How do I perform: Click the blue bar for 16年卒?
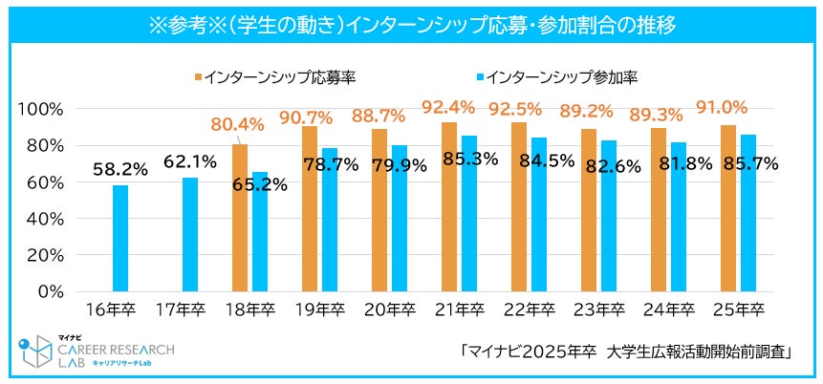[119, 238]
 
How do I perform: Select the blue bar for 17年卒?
[189, 234]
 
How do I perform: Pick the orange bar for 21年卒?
[448, 206]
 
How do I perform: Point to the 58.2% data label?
[119, 169]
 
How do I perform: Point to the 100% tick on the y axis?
[41, 109]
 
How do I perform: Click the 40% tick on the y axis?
[45, 219]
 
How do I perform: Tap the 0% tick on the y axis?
[50, 291]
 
